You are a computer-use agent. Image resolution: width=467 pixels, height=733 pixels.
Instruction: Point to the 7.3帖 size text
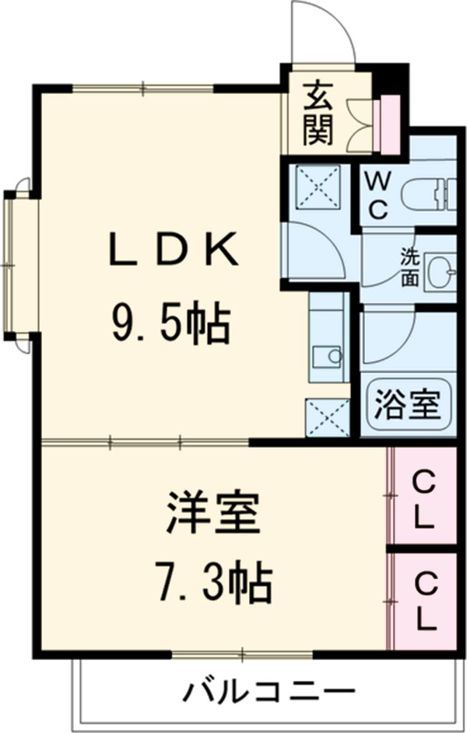tap(211, 583)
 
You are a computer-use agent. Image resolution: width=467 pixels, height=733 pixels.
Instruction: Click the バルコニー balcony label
tap(269, 690)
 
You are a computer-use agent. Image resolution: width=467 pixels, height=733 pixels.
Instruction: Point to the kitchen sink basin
tap(328, 357)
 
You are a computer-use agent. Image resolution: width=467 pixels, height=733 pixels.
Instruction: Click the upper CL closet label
tap(423, 499)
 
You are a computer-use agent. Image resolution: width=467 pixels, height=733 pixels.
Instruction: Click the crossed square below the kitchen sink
tap(327, 418)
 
